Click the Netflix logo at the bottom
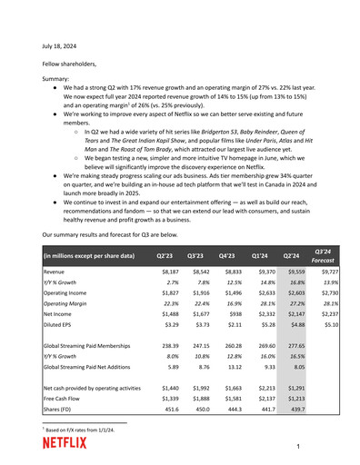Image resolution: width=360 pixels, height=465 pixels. [x=65, y=442]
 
